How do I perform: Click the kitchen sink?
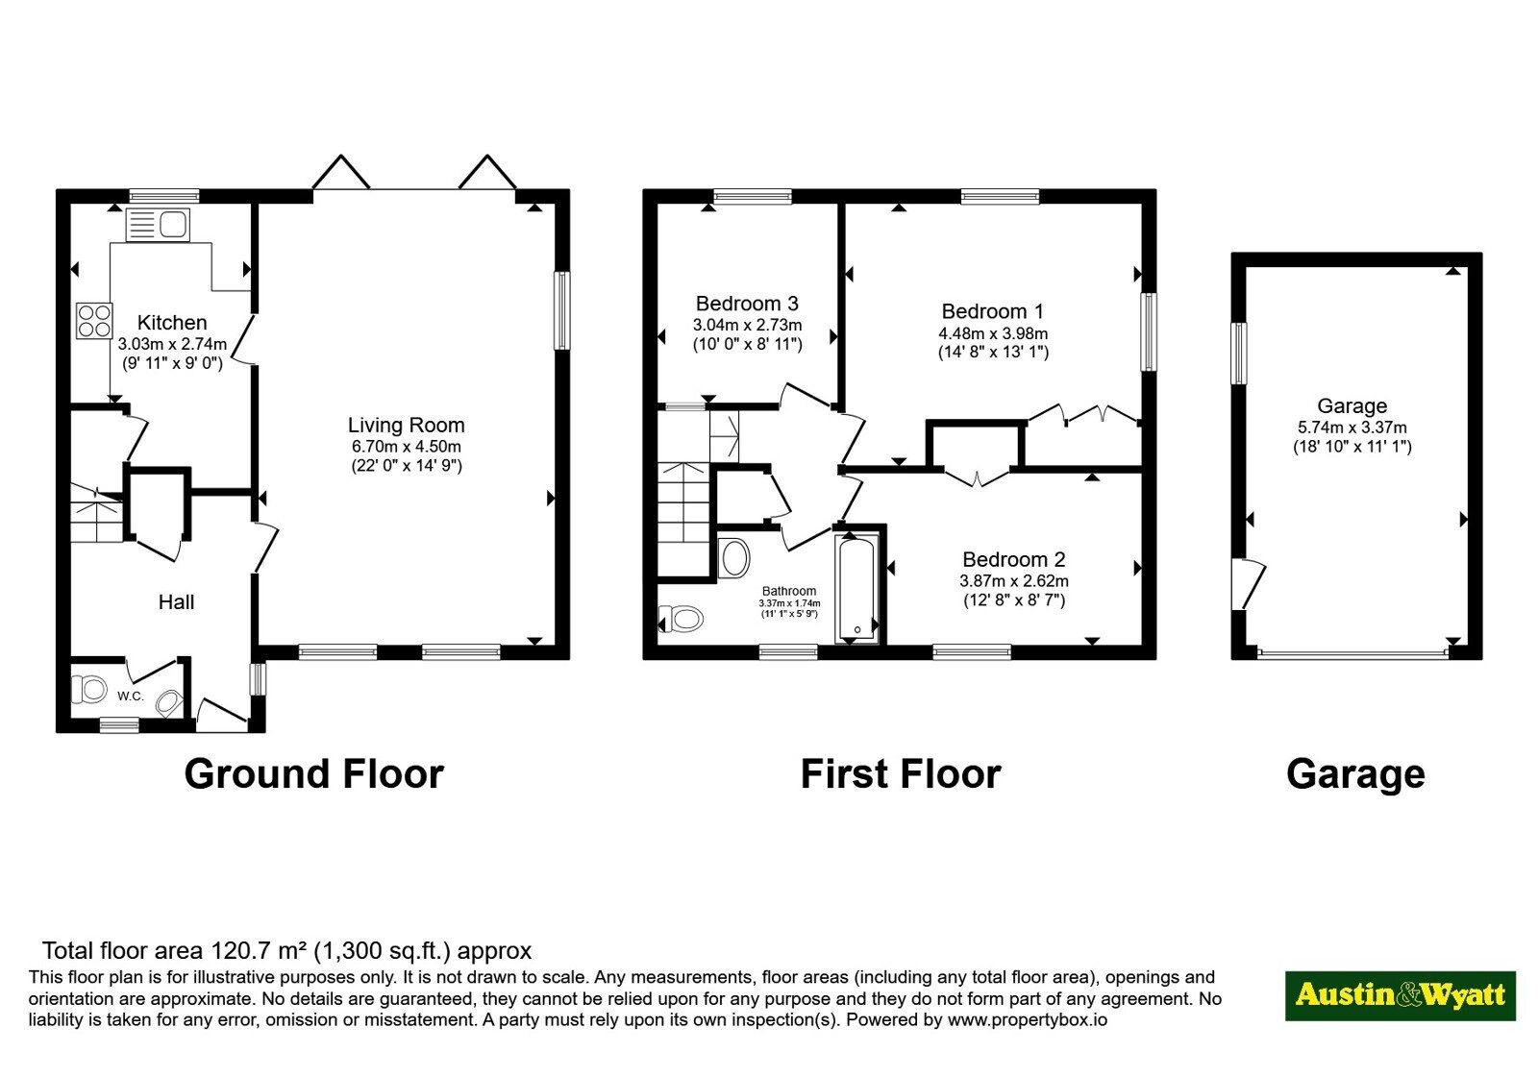click(x=158, y=225)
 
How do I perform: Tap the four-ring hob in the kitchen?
click(x=95, y=321)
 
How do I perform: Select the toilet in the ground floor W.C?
click(x=89, y=689)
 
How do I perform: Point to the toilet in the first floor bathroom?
click(x=681, y=619)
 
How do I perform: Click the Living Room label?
click(x=407, y=426)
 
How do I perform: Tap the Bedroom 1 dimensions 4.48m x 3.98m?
click(x=993, y=333)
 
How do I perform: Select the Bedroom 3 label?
click(x=747, y=304)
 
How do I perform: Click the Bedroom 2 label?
click(x=1013, y=559)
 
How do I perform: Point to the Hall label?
click(x=177, y=601)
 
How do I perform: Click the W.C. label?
click(x=131, y=696)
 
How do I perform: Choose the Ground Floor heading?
click(x=313, y=773)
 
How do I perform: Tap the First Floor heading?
click(x=900, y=773)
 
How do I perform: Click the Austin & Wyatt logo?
click(x=1400, y=995)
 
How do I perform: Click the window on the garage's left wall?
click(x=1239, y=353)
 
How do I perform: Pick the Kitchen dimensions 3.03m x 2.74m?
click(x=172, y=344)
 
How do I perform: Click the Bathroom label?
click(x=789, y=591)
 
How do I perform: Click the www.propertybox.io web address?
click(x=1028, y=1019)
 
